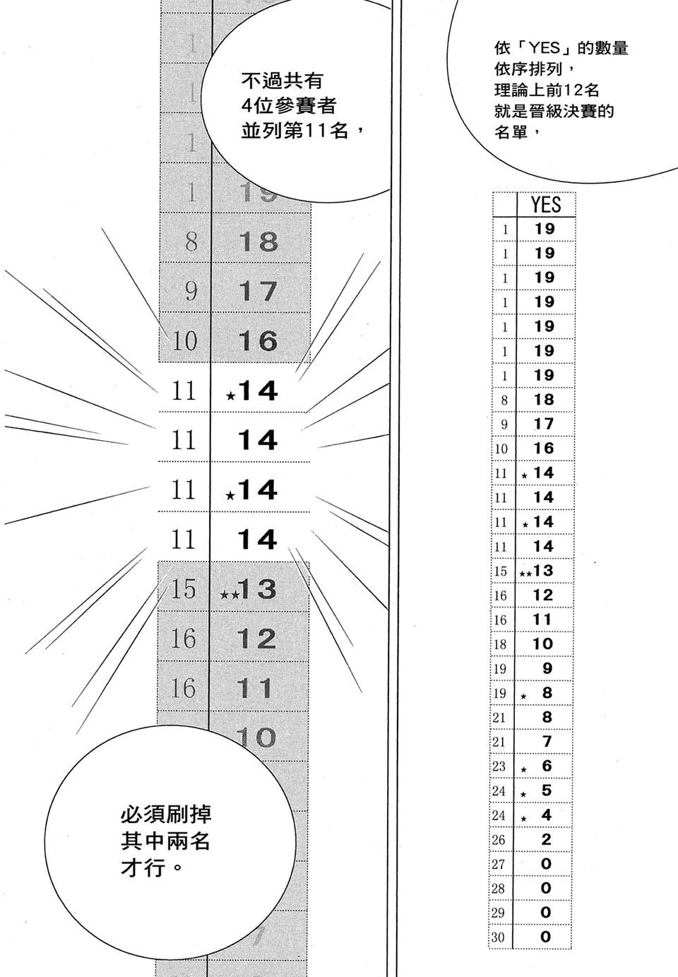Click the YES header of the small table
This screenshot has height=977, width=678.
tap(545, 205)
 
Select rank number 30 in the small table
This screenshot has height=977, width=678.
tap(499, 937)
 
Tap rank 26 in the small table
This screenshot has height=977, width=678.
tap(499, 840)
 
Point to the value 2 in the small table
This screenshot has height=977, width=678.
tap(545, 840)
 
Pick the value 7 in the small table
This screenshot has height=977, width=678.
tap(546, 742)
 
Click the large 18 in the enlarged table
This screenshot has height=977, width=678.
tap(258, 242)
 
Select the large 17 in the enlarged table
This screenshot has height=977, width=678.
tap(258, 291)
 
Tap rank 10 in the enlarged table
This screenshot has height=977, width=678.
tap(184, 341)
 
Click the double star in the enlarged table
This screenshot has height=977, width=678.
tap(229, 595)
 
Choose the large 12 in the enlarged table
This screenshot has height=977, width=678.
tap(256, 639)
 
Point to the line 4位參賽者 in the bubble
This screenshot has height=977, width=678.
tap(287, 106)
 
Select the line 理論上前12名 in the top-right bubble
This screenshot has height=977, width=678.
tap(547, 90)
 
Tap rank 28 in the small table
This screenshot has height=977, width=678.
tap(499, 889)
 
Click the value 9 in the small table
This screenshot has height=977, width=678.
tap(546, 668)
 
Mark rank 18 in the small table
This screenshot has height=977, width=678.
tap(499, 644)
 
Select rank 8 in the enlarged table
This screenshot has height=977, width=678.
tap(191, 242)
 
